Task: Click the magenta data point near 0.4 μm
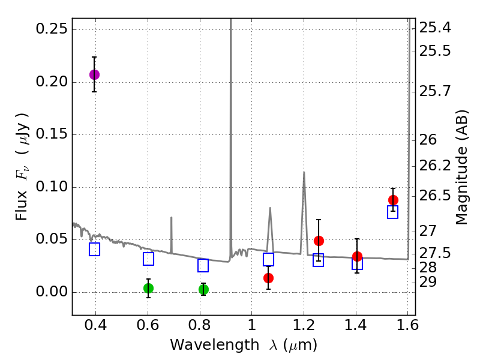(94, 74)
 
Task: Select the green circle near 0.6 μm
(148, 288)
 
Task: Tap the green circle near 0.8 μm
(203, 289)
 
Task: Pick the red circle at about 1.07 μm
(268, 278)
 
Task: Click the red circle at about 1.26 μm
(319, 241)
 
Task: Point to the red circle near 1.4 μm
(357, 256)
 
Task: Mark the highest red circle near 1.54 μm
(393, 200)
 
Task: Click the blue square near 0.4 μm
(94, 249)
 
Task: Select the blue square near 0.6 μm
(148, 259)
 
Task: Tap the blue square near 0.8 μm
(203, 265)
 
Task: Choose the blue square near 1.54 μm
(393, 212)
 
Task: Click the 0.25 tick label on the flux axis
(52, 29)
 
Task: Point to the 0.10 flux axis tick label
(52, 187)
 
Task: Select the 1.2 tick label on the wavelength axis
(304, 326)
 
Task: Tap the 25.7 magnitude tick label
(435, 92)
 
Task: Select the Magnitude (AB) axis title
(461, 167)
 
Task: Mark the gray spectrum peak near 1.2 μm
(304, 173)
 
